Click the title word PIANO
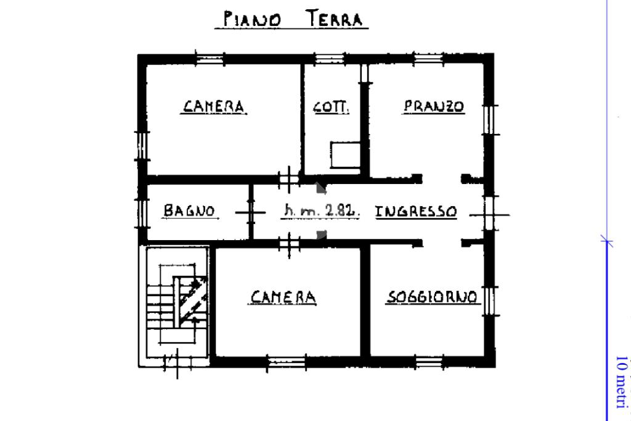click(252, 19)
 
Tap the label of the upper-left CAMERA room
click(214, 107)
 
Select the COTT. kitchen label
click(332, 107)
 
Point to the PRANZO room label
click(434, 106)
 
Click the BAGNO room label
click(189, 211)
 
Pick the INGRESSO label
click(417, 212)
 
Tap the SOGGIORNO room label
click(432, 298)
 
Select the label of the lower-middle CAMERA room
click(283, 298)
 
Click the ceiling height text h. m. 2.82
click(321, 211)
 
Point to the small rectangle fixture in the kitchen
click(345, 154)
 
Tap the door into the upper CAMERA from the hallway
click(288, 180)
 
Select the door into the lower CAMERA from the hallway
click(288, 243)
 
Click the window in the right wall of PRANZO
click(491, 120)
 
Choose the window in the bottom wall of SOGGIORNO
click(429, 362)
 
